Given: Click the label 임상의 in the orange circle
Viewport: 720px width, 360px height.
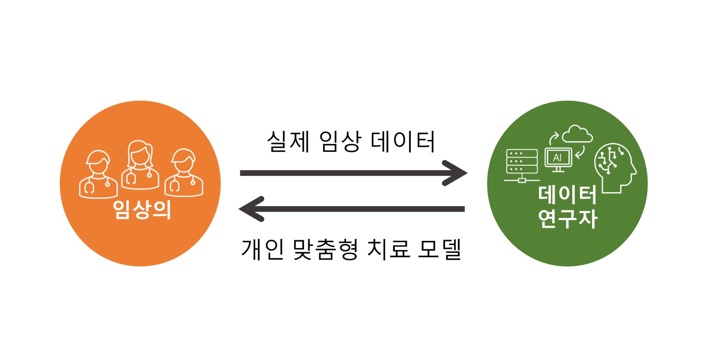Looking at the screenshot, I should [x=142, y=210].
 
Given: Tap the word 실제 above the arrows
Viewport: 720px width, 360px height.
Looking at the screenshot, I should [x=288, y=141].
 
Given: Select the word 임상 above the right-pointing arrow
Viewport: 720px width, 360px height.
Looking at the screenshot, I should [x=340, y=141].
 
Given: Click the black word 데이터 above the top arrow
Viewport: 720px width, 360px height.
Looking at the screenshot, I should [x=403, y=141].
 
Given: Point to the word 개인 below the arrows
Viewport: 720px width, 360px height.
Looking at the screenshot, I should [x=262, y=249].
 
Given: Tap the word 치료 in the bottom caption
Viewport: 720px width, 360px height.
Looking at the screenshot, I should [x=388, y=249].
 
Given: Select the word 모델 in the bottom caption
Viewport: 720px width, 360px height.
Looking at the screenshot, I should [x=440, y=249].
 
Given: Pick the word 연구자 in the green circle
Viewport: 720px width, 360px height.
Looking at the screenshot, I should [x=567, y=218].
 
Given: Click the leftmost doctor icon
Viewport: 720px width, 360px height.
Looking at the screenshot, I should [x=98, y=175].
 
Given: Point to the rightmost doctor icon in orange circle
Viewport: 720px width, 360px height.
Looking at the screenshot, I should [x=184, y=173].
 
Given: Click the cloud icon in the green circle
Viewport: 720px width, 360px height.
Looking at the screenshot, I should [x=577, y=134].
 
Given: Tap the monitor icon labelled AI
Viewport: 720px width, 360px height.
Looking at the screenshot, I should [x=558, y=159].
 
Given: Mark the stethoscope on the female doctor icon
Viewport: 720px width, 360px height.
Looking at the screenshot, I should [x=131, y=178].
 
